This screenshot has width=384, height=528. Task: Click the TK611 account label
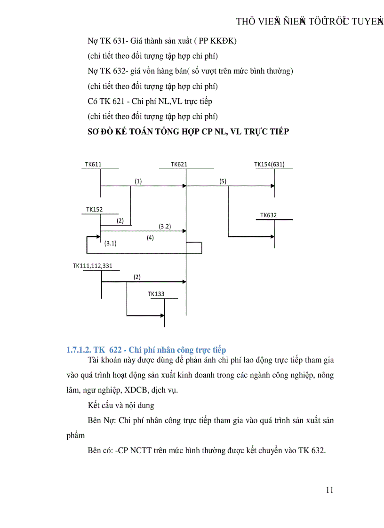(x=93, y=165)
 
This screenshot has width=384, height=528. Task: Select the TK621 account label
(x=179, y=165)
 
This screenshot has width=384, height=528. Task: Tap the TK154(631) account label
(x=269, y=165)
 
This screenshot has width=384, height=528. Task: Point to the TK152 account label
(x=94, y=209)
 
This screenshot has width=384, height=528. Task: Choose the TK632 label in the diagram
(x=269, y=215)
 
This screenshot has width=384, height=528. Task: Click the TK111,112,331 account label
(x=93, y=266)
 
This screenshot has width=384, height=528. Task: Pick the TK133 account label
(x=156, y=294)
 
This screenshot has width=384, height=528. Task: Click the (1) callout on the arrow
(x=138, y=181)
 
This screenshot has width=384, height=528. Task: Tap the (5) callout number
(x=223, y=181)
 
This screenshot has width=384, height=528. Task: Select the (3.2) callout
(x=165, y=226)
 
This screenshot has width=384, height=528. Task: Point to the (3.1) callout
(x=111, y=244)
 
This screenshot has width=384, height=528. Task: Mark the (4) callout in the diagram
(x=150, y=238)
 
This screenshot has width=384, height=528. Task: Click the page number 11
(x=329, y=490)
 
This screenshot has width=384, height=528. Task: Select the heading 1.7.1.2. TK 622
(x=146, y=350)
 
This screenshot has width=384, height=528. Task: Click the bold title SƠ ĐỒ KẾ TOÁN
(x=188, y=132)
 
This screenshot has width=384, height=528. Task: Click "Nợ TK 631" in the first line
(x=106, y=41)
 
